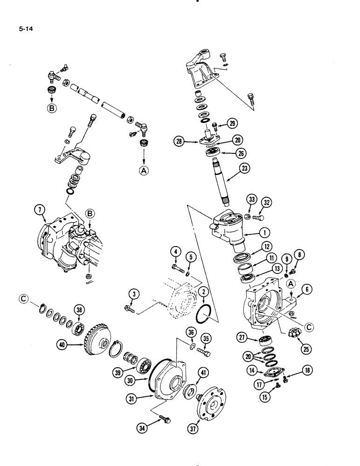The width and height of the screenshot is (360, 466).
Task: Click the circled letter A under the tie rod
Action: tap(143, 171)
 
